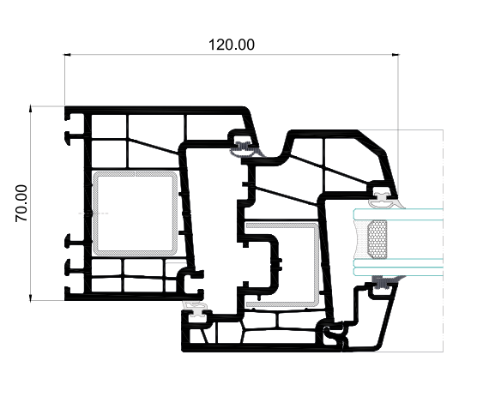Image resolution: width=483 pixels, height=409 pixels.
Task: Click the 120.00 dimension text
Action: click(x=232, y=45)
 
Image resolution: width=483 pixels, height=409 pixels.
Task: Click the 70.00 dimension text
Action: click(x=21, y=203)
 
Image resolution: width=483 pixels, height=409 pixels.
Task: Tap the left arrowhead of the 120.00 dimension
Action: click(x=67, y=55)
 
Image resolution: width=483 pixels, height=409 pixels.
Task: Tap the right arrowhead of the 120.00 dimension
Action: click(x=395, y=55)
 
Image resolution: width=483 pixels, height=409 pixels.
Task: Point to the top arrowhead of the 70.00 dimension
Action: click(x=30, y=108)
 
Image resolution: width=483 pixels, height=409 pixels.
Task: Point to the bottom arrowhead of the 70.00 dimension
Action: click(x=30, y=298)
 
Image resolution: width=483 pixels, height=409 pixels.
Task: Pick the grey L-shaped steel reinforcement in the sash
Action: click(x=316, y=265)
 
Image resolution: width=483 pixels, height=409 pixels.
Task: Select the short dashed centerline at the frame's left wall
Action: click(x=94, y=214)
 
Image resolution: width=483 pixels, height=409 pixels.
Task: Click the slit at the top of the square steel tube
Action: click(x=135, y=174)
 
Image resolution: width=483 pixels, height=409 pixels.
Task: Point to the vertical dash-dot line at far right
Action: click(x=443, y=241)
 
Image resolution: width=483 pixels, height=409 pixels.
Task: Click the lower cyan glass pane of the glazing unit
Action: click(x=398, y=268)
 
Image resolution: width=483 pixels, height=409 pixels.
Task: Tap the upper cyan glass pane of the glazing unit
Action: click(x=398, y=214)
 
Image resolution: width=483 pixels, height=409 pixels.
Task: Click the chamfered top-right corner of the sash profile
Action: click(x=371, y=141)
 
